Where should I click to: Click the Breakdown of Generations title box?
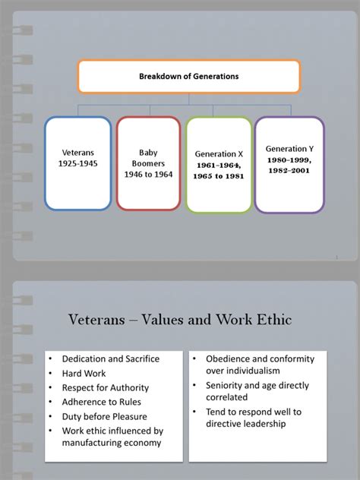pyautogui.click(x=188, y=77)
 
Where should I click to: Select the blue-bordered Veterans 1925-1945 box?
pyautogui.click(x=77, y=163)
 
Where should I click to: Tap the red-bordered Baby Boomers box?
pyautogui.click(x=147, y=163)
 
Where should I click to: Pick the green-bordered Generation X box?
pyautogui.click(x=219, y=163)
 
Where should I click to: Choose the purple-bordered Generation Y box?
pyautogui.click(x=289, y=164)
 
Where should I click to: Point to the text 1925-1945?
pyautogui.click(x=77, y=164)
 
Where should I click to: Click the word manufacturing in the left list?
pyautogui.click(x=94, y=445)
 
